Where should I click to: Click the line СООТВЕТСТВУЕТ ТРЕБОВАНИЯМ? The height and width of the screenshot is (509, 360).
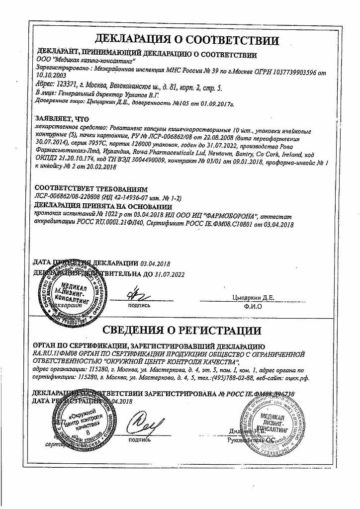91,190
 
